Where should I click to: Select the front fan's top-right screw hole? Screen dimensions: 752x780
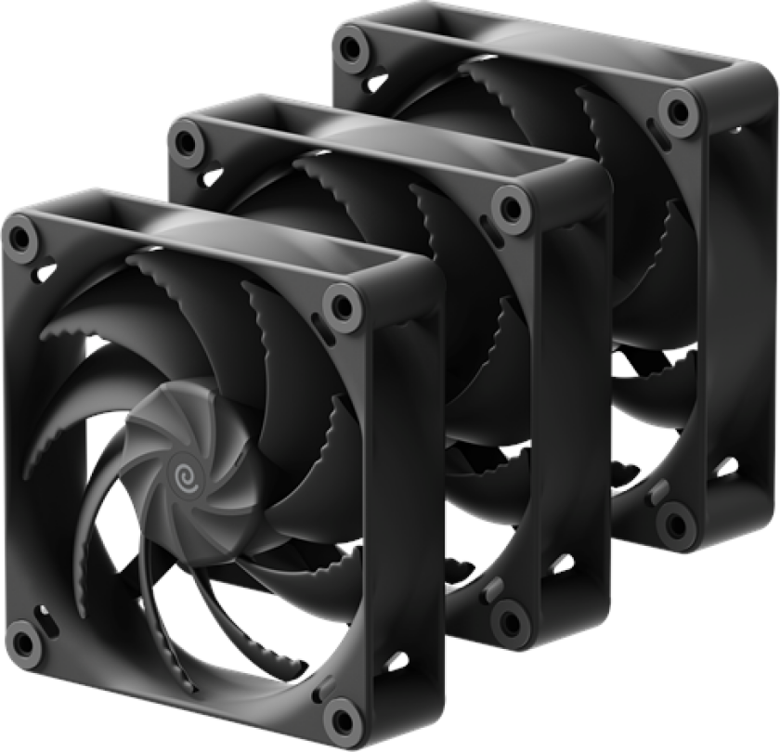[341, 305]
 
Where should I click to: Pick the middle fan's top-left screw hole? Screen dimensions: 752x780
[188, 142]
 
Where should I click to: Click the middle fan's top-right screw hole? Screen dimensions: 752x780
[512, 207]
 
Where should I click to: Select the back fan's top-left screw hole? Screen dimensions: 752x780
[351, 45]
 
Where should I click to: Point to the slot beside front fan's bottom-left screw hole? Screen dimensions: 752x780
[42, 612]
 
